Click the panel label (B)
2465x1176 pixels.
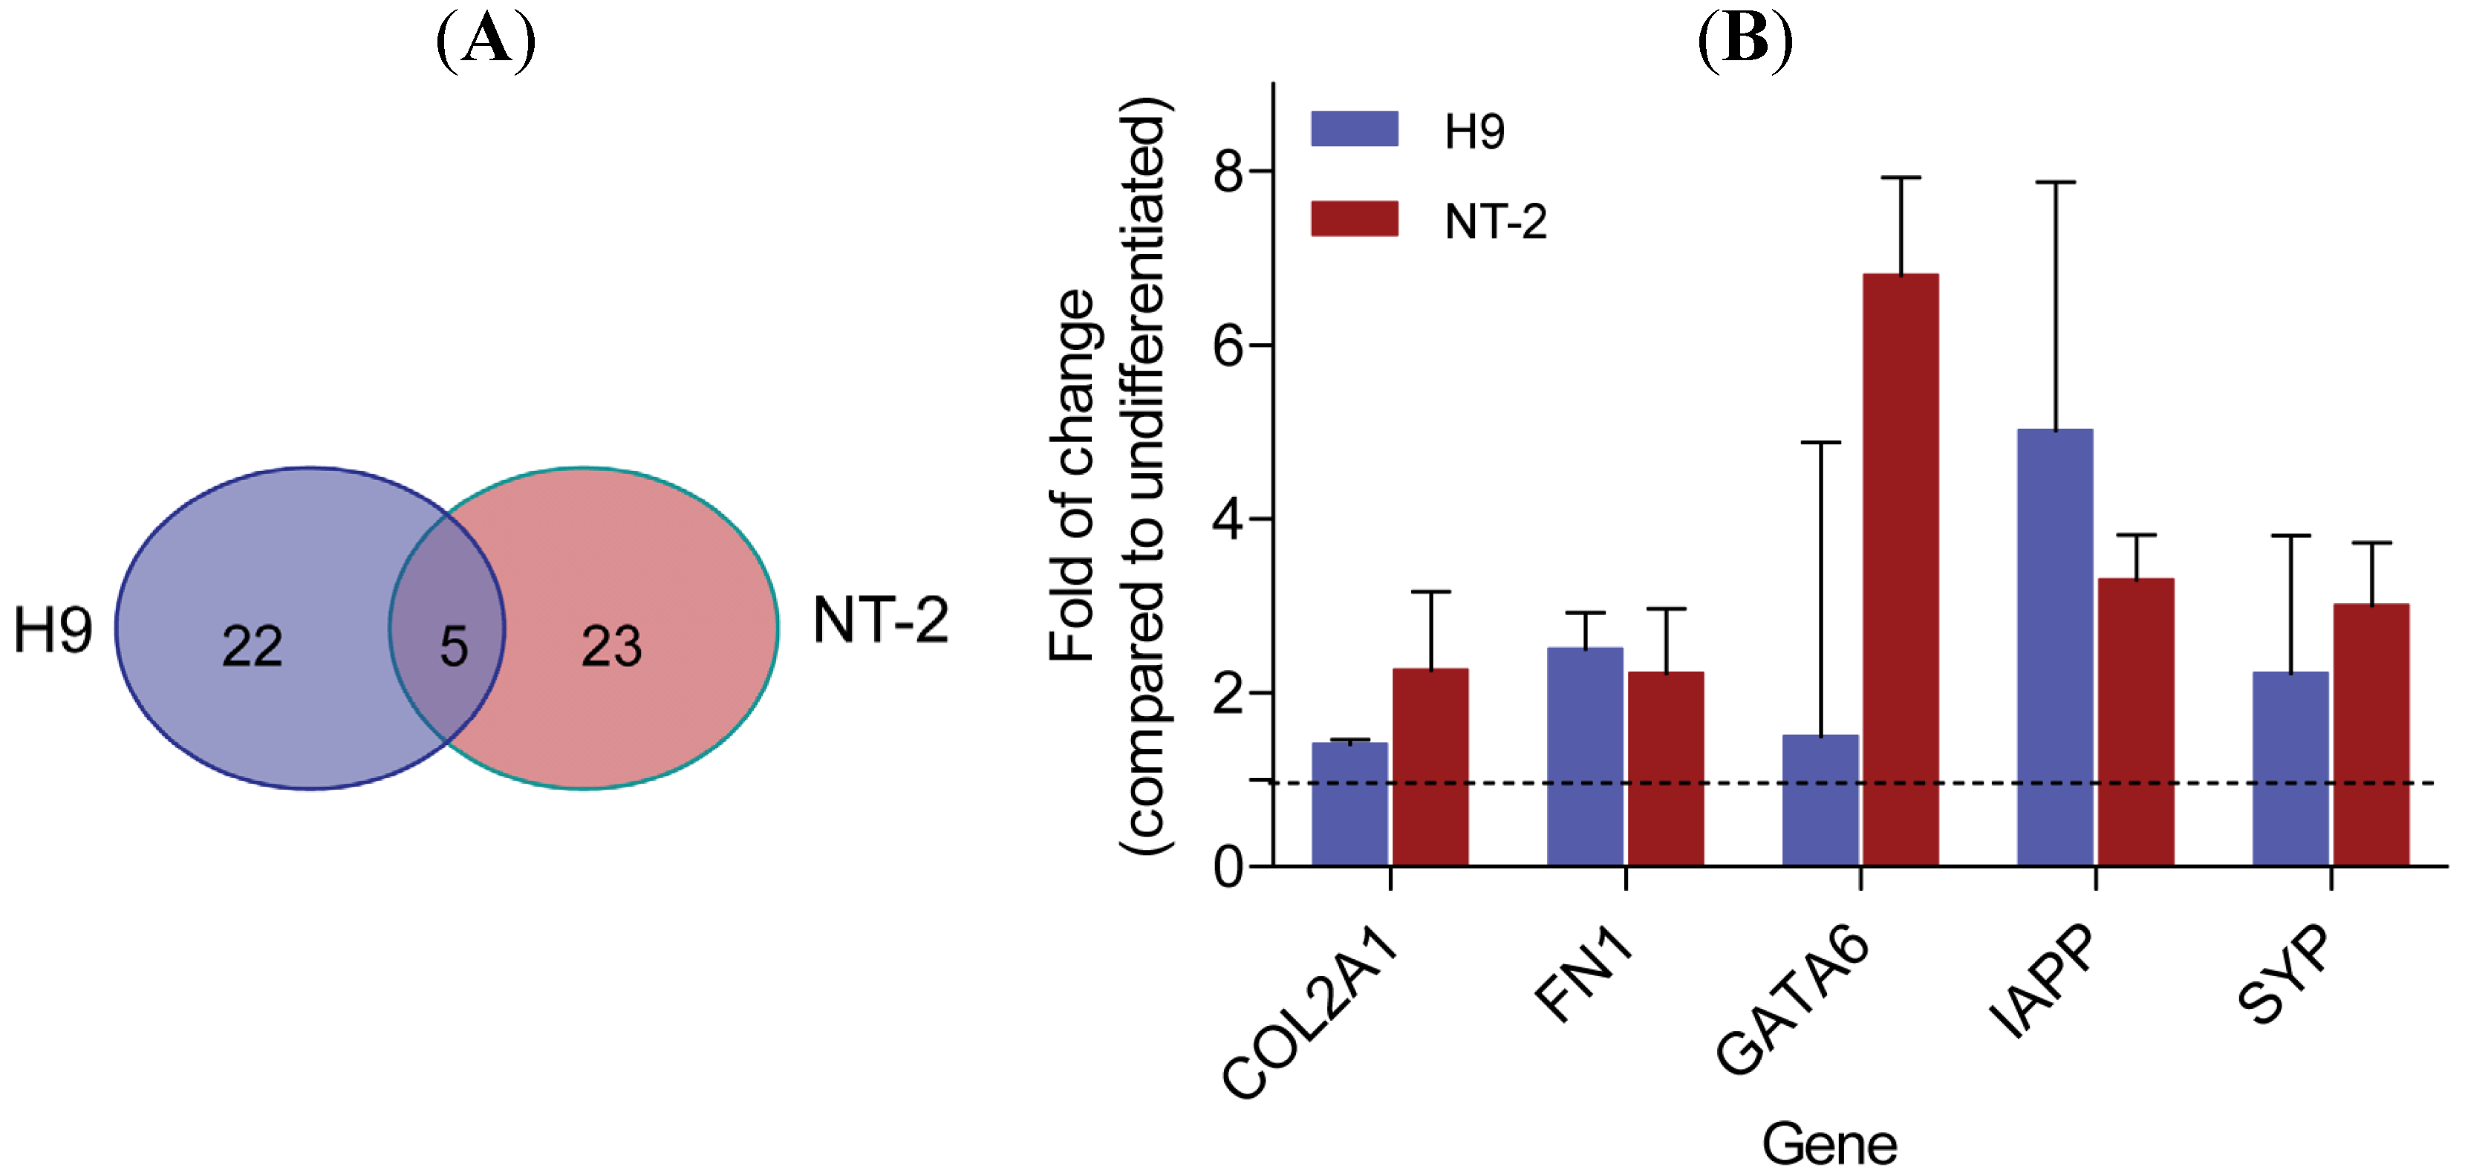(x=1744, y=40)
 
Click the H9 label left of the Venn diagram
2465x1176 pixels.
(x=53, y=631)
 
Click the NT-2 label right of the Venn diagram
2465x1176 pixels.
(x=880, y=620)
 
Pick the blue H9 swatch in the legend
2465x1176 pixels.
(x=1354, y=129)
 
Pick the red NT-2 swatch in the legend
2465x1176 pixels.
(x=1354, y=218)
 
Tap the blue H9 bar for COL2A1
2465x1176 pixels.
(x=1349, y=804)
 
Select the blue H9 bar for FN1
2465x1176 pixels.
(x=1585, y=756)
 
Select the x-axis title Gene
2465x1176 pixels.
(x=1829, y=1143)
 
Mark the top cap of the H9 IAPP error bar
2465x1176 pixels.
(x=2054, y=182)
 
